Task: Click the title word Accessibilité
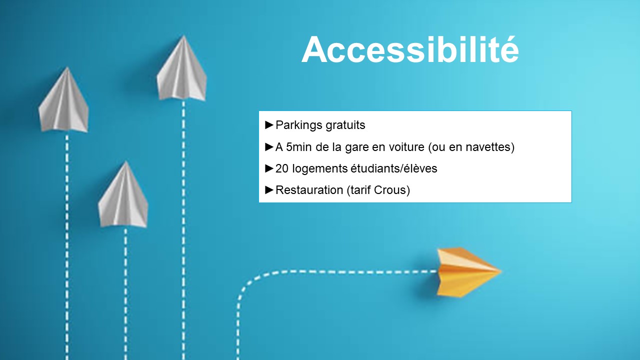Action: point(410,49)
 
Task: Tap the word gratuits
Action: point(345,125)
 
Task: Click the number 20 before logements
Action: point(282,168)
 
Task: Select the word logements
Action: point(319,169)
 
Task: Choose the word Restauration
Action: point(309,190)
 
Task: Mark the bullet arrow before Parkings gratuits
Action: point(269,125)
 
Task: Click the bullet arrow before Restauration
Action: point(269,189)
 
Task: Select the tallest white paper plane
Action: point(181,68)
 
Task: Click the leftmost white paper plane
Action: point(63,100)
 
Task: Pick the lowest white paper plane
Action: point(123,195)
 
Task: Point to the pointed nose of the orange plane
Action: point(501,271)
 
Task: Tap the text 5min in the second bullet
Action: point(299,147)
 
